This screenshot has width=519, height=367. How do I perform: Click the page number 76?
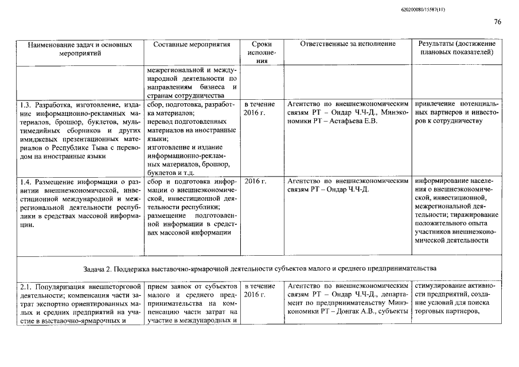(497, 22)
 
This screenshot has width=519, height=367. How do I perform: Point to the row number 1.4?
(25, 181)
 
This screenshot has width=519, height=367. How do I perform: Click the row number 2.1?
(25, 286)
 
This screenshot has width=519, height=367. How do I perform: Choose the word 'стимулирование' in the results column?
(443, 286)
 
